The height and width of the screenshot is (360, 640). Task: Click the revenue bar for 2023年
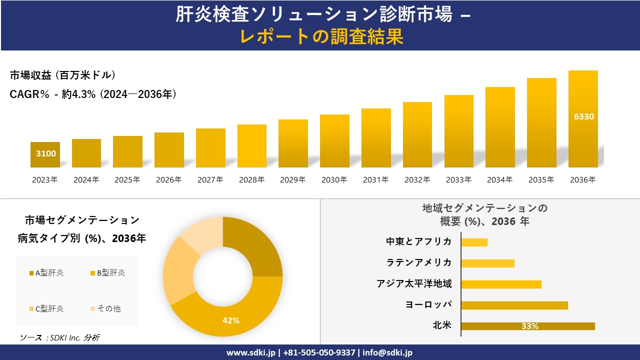click(45, 155)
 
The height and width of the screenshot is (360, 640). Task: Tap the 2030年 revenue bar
click(334, 141)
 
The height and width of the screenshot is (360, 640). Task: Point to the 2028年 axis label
click(251, 180)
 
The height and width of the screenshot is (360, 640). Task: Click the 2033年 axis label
click(458, 180)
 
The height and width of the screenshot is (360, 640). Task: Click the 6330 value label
click(583, 116)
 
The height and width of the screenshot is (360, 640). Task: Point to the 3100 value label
click(46, 153)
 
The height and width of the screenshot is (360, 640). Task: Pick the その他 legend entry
click(105, 309)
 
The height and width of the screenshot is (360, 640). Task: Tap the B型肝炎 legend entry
click(107, 273)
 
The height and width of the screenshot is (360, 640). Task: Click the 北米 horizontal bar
click(528, 326)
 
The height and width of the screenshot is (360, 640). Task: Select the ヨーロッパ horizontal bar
click(514, 305)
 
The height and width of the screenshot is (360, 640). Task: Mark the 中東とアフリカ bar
click(474, 242)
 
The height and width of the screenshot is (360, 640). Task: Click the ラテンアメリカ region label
click(419, 263)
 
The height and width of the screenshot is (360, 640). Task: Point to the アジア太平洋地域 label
click(414, 284)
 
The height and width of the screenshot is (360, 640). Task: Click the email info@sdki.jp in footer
click(387, 352)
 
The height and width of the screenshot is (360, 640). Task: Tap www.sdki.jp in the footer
click(251, 352)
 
